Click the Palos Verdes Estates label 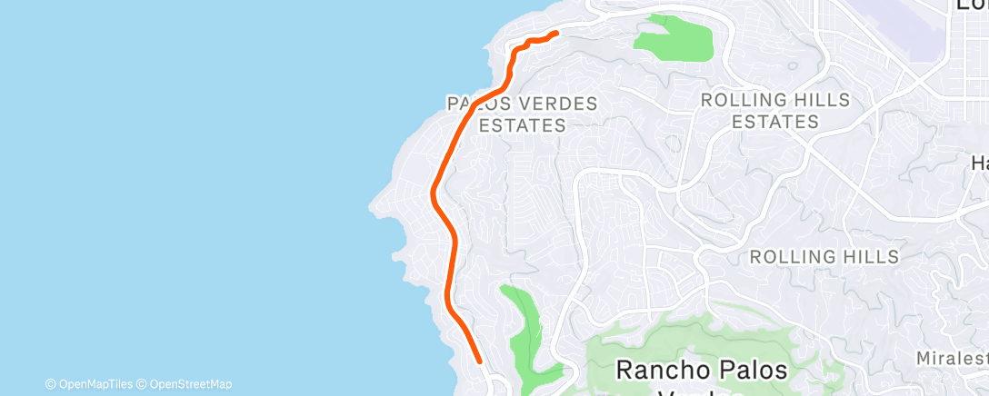[523, 114]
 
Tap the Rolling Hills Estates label [775, 110]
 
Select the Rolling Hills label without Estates [824, 257]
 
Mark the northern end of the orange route [555, 34]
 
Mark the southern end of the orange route [479, 361]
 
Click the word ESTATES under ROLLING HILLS [775, 122]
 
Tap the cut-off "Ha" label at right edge [979, 163]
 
